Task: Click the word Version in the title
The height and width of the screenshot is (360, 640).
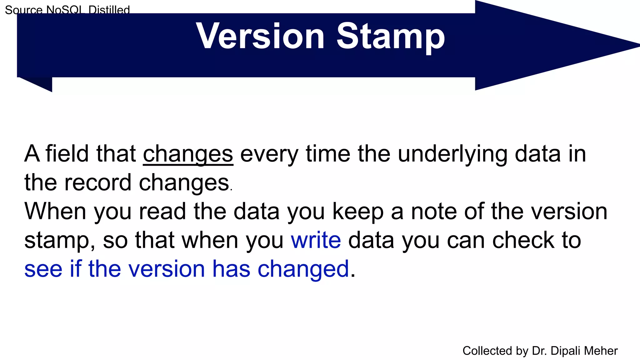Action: tap(260, 37)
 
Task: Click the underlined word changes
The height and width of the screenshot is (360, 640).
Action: tap(188, 154)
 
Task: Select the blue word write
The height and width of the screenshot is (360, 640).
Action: tap(316, 240)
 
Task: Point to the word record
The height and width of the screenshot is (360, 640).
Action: tap(98, 183)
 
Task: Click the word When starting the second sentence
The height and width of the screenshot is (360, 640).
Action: tap(55, 212)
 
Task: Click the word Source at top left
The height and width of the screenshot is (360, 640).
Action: tap(23, 10)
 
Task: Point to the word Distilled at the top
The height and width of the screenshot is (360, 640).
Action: tap(109, 10)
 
